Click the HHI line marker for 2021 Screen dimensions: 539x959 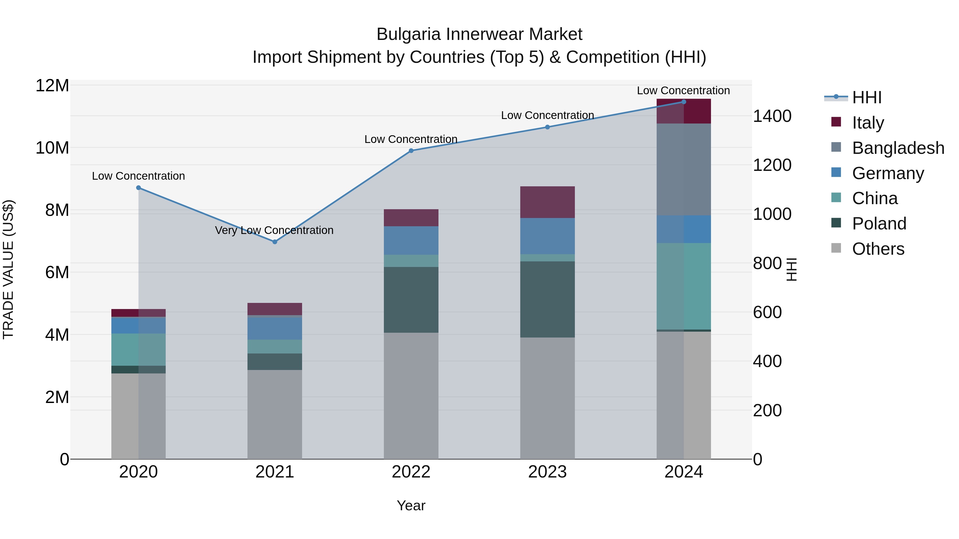[x=275, y=242]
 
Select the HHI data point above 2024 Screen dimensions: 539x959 [x=684, y=102]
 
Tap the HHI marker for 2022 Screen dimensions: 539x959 [x=411, y=151]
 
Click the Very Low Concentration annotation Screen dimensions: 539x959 [x=274, y=230]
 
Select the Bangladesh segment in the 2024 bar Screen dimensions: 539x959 [x=684, y=169]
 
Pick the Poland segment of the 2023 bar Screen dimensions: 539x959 [x=547, y=299]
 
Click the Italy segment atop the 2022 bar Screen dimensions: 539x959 [x=411, y=218]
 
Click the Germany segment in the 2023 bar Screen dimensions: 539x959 [x=547, y=236]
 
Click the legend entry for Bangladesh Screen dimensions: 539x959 [x=898, y=148]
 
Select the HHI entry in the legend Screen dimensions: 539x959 [x=867, y=97]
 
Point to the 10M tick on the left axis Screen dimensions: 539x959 [x=52, y=148]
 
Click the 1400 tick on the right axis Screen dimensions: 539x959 [x=772, y=116]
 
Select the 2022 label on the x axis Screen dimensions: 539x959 [x=411, y=472]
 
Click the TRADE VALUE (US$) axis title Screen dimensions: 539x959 [x=8, y=269]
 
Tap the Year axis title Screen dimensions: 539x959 [x=411, y=505]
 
